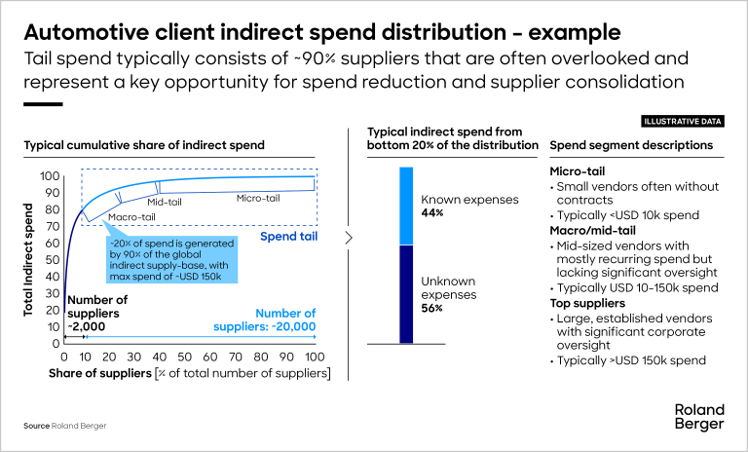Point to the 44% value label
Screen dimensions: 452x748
432,212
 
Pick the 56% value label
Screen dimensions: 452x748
432,308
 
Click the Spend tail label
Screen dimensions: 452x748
288,236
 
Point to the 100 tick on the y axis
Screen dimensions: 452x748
50,176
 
